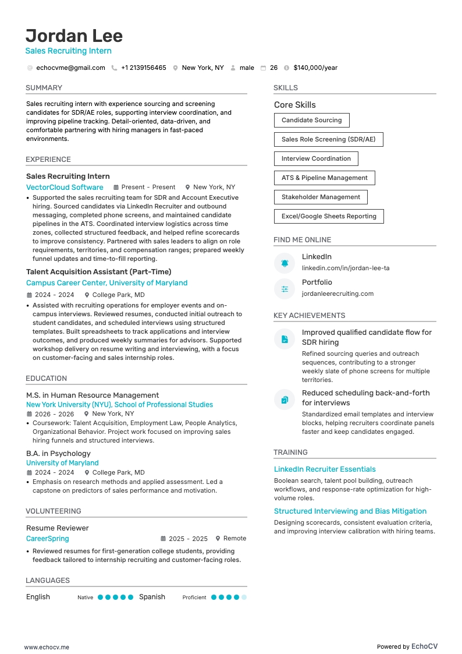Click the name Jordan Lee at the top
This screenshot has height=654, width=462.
click(x=74, y=36)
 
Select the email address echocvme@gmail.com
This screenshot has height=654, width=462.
click(x=70, y=68)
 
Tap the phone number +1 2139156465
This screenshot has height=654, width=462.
click(x=143, y=68)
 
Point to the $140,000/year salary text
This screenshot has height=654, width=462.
click(x=315, y=68)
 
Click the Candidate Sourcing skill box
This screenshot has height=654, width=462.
click(x=311, y=120)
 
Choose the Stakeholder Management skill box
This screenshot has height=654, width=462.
click(x=321, y=197)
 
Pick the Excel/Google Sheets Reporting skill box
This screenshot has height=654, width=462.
click(x=329, y=216)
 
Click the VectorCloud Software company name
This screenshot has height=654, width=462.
click(x=65, y=187)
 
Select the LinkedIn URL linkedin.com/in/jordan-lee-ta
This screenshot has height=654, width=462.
click(x=346, y=268)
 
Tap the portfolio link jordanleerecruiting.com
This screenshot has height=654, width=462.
click(x=337, y=294)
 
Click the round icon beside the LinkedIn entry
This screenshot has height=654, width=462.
click(x=285, y=263)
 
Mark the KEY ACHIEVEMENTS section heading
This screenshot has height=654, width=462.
click(x=310, y=315)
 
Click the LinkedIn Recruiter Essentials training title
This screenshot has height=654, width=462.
click(x=325, y=469)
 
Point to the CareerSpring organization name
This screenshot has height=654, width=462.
click(x=48, y=539)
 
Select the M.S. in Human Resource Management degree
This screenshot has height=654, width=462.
click(x=93, y=395)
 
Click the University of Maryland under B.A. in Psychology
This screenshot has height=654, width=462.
click(x=62, y=462)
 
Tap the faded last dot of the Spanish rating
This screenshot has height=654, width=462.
click(x=244, y=597)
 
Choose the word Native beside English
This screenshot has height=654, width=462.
click(x=85, y=598)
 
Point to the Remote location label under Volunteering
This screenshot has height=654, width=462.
click(x=234, y=539)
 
